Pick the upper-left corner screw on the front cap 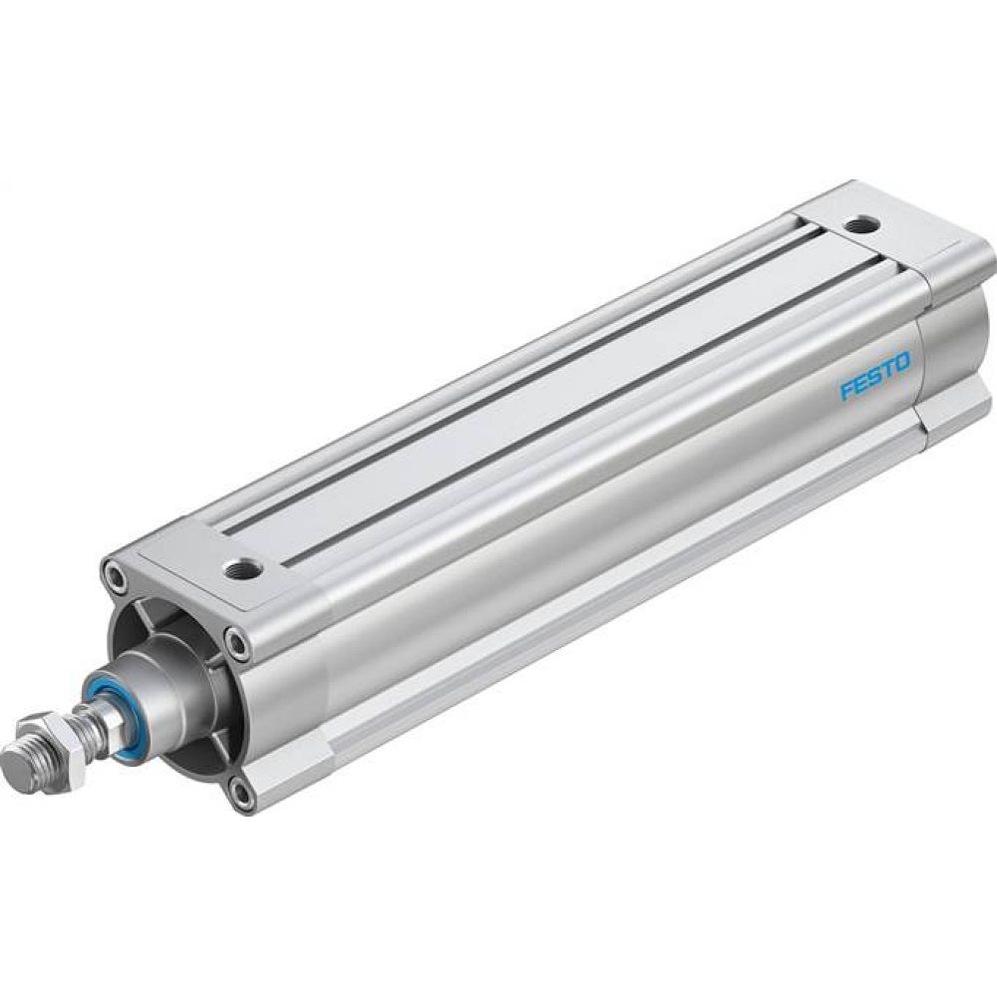point(115,575)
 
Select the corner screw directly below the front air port point(237,642)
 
